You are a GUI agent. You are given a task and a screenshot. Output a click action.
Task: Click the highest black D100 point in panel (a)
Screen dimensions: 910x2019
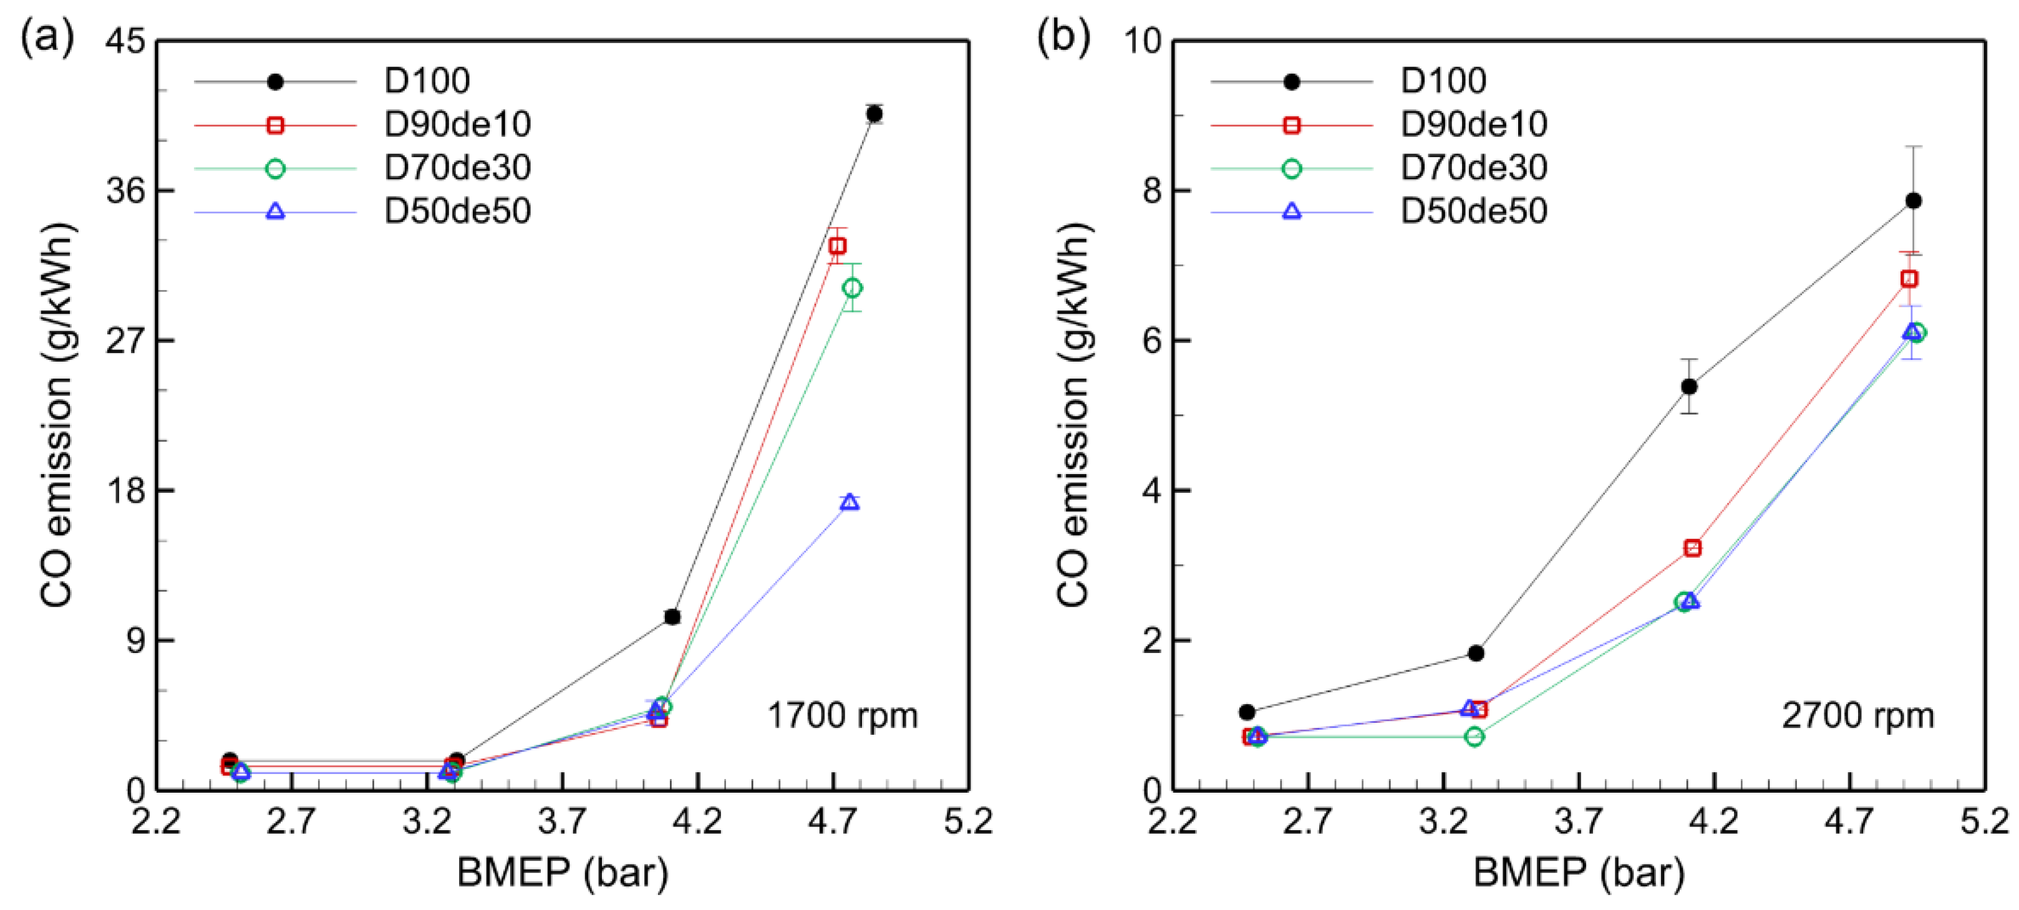tap(874, 114)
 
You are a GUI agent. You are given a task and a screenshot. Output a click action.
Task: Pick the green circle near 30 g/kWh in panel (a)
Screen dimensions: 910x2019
tap(852, 288)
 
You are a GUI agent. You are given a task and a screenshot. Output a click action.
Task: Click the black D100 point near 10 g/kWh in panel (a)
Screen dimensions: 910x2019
tap(672, 617)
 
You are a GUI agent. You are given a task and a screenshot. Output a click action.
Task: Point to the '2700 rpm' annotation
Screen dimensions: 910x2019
tap(1857, 715)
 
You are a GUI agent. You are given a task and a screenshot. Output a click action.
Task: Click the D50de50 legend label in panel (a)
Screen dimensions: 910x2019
tap(457, 211)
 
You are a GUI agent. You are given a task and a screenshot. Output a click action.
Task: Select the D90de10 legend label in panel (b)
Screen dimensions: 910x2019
tap(1473, 124)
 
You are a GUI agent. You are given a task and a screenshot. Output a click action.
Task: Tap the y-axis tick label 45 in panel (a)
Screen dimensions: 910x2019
tap(125, 41)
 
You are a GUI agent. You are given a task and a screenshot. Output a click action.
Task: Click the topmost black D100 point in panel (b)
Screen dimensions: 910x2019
tap(1913, 201)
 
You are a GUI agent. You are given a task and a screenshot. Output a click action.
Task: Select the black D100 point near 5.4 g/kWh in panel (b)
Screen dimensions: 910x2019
tap(1689, 387)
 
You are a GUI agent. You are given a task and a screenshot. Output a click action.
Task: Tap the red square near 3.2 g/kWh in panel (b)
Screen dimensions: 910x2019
tap(1692, 548)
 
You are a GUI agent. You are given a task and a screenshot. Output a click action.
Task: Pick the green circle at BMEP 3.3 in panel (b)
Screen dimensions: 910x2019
tap(1474, 737)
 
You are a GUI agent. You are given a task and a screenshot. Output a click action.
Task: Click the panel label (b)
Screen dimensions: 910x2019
tap(1063, 37)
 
